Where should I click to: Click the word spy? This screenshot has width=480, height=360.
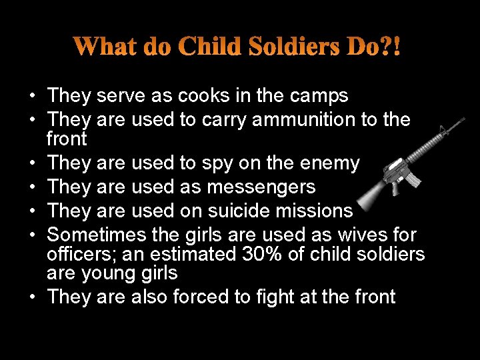(232, 163)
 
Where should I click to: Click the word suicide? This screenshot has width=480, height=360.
(237, 211)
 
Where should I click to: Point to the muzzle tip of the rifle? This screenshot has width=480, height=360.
(463, 119)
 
